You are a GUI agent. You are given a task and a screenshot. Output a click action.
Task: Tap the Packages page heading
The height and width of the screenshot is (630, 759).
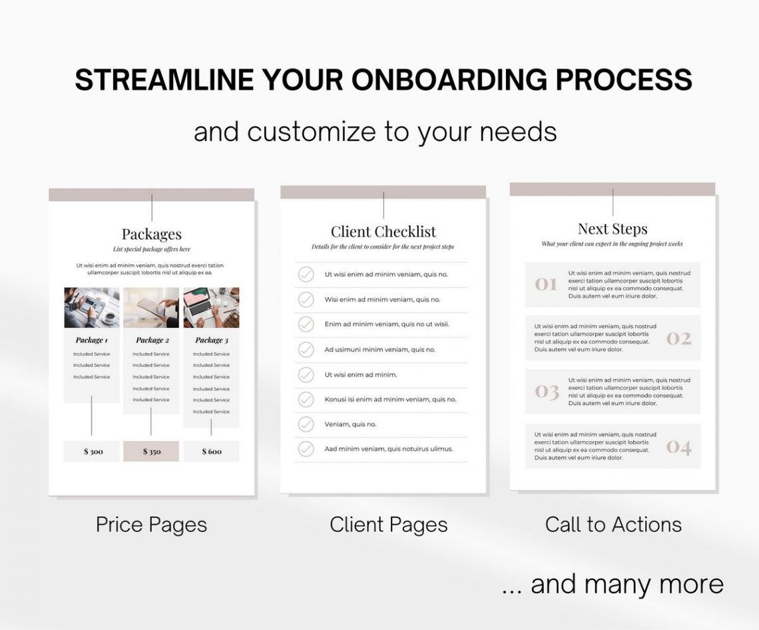pos(151,234)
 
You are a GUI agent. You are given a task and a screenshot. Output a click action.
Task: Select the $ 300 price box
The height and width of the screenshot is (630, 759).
pos(92,451)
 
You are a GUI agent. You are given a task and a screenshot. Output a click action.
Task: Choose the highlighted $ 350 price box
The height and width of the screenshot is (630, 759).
pos(151,451)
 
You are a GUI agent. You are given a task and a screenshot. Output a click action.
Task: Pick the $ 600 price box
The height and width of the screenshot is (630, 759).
pos(211,451)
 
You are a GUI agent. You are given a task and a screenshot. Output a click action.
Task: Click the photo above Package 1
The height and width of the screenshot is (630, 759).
pos(92,307)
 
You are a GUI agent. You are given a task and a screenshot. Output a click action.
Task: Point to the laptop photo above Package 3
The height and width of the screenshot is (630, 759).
pos(211,307)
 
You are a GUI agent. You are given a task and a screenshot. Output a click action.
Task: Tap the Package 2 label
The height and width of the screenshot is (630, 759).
pos(151,340)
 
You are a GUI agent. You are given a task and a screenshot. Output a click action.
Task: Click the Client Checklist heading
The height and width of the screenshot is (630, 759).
pos(383,232)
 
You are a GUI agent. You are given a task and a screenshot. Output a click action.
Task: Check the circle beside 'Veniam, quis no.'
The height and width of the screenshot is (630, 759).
pos(306,424)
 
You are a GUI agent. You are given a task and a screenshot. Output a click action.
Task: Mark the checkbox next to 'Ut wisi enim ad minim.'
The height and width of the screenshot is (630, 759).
pos(306,375)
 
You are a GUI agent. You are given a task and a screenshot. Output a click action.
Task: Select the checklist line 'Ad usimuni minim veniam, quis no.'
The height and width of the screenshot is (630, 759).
pos(379,349)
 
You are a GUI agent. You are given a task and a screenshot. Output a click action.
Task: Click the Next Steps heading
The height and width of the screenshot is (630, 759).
pos(613,229)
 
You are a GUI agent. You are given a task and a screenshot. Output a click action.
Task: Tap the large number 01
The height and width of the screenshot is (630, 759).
pos(546,285)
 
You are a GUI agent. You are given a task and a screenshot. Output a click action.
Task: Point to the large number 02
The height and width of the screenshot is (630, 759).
pos(678,339)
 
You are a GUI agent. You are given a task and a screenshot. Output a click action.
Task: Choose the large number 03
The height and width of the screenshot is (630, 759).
pos(546,392)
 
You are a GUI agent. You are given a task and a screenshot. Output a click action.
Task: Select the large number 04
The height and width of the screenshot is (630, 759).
pos(678,446)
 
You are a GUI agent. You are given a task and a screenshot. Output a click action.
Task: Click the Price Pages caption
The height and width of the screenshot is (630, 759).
pos(151,524)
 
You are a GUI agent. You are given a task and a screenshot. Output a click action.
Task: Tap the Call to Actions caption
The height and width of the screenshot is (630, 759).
pos(613,524)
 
